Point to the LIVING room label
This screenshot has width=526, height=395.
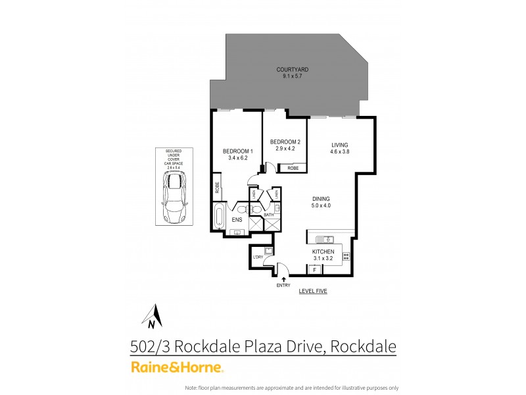pos(339,145)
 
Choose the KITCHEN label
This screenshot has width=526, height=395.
pos(323,252)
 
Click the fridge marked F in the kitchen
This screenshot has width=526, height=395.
pos(315,270)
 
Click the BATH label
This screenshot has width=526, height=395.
pos(269,215)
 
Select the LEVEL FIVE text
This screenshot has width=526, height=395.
pos(312,290)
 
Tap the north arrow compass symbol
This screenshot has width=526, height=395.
pos(152,316)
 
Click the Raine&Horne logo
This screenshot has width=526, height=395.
pos(178,367)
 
